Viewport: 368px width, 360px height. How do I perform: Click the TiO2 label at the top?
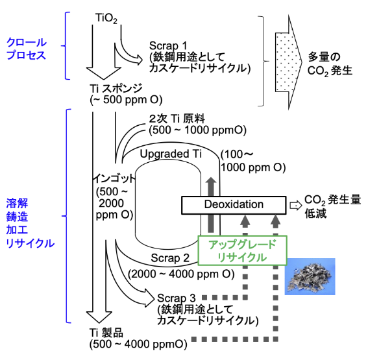point(106,19)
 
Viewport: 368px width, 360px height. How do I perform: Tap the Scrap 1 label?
point(168,45)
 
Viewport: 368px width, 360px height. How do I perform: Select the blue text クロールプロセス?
point(27,49)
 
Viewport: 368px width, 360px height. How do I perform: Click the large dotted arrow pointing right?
point(289,62)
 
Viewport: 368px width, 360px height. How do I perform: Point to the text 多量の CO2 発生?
point(330,64)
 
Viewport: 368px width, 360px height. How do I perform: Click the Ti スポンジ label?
point(116,89)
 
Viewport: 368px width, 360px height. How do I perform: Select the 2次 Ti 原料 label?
point(177,119)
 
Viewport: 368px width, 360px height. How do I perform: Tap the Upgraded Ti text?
point(171,154)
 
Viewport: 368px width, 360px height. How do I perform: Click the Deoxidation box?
point(234,205)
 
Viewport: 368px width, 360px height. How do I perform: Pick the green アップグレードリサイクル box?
point(243,250)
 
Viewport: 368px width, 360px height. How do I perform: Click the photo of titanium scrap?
point(310,276)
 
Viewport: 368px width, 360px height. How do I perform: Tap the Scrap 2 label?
point(170,258)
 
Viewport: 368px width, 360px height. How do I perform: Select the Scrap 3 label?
point(177,298)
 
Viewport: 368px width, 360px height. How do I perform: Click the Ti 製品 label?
point(106,333)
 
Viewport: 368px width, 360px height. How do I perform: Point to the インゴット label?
point(114,179)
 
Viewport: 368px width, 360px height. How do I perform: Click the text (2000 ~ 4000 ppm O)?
point(181,274)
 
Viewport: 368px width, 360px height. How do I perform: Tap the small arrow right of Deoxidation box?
point(296,206)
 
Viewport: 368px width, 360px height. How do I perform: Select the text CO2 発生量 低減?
point(332,207)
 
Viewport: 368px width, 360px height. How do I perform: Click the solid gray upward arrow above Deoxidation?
point(211,205)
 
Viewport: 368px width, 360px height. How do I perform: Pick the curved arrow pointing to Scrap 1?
point(125,54)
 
